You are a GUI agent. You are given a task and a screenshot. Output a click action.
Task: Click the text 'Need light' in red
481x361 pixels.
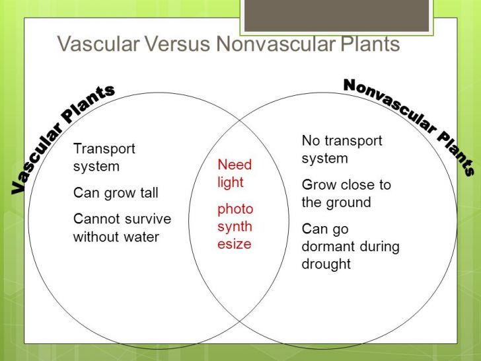tap(235, 173)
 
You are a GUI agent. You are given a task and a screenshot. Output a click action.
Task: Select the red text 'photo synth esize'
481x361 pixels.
tap(235, 226)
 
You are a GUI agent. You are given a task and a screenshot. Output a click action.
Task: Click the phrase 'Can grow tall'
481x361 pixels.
tap(116, 193)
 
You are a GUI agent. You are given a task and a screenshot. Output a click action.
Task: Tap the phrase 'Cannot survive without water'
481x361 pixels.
tap(122, 227)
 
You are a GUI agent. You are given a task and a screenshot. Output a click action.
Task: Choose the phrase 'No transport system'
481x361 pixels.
tap(342, 149)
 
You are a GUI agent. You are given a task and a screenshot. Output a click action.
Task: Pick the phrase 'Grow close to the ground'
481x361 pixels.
tap(346, 193)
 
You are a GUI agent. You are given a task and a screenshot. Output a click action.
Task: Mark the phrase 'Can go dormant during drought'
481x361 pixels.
tap(350, 246)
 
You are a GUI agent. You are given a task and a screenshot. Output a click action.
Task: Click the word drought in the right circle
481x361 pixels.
tap(326, 264)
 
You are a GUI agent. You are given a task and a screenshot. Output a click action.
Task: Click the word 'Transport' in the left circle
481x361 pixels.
tap(104, 149)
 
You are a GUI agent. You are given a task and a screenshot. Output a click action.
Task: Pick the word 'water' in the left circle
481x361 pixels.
tap(141, 236)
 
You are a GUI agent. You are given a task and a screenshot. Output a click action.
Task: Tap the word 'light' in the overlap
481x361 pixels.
tap(231, 182)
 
